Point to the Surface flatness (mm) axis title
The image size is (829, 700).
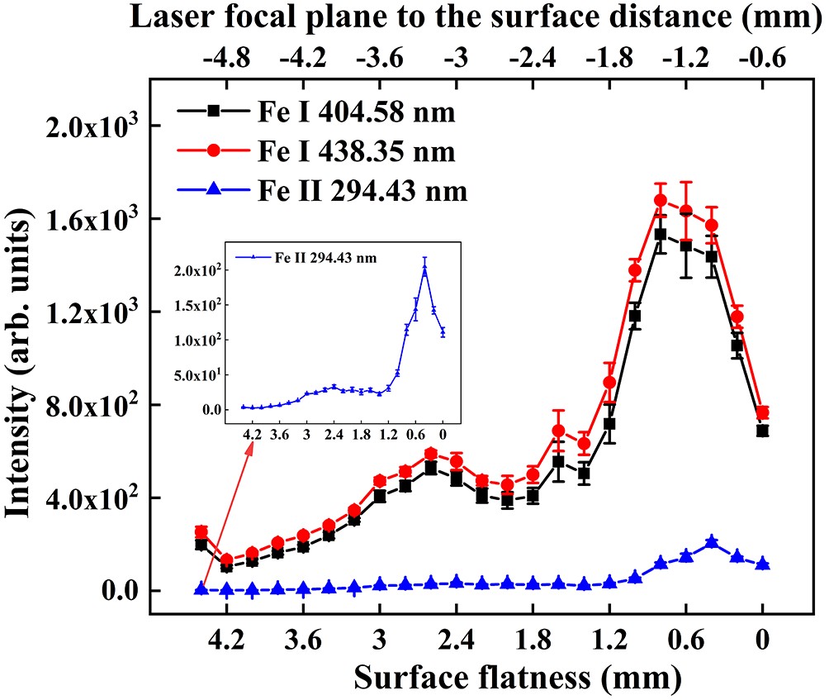(x=518, y=677)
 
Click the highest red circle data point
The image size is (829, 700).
(x=660, y=200)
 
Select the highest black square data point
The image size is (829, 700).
(x=660, y=234)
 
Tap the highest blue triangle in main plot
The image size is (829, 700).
(x=712, y=542)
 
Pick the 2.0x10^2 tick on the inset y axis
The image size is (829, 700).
(x=197, y=270)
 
